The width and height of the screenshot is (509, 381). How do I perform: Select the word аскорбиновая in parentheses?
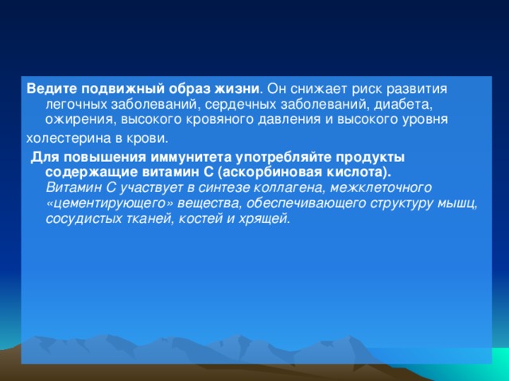click(274, 171)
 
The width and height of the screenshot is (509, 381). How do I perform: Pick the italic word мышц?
click(457, 203)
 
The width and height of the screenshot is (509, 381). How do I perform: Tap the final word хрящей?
click(264, 219)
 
